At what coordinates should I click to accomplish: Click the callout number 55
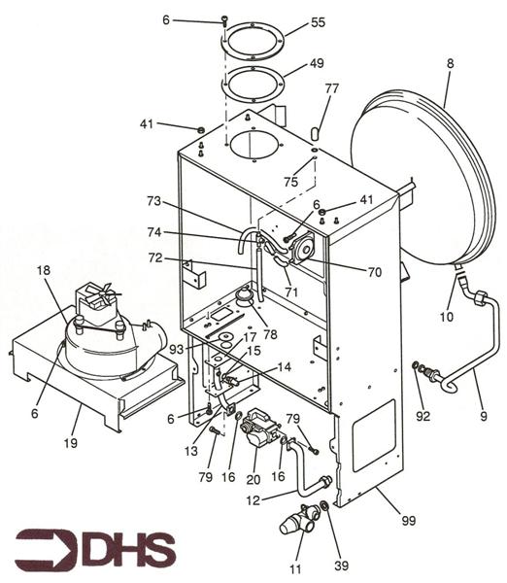click(x=318, y=21)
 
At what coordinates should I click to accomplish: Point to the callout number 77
click(x=332, y=89)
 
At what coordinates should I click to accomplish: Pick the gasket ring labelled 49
click(x=254, y=82)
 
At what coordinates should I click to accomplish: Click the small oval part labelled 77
click(x=315, y=130)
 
